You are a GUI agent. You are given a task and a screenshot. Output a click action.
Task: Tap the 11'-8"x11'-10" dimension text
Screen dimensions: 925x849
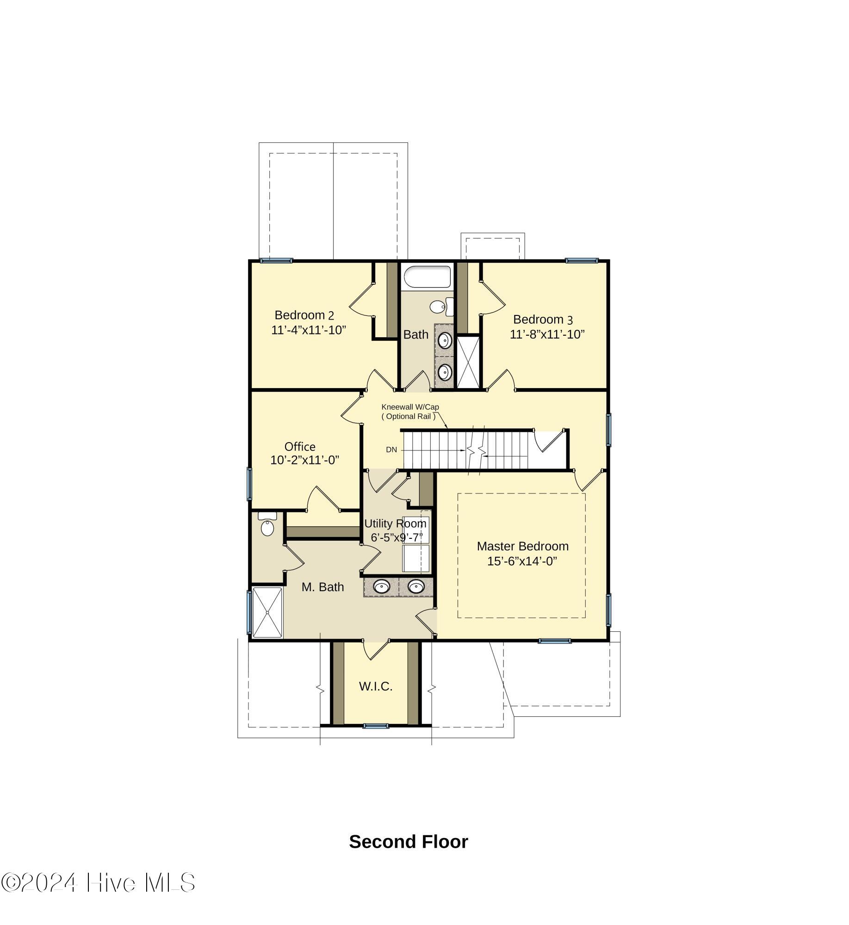[547, 334]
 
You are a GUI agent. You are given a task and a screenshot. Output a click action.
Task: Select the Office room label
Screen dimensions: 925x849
[300, 447]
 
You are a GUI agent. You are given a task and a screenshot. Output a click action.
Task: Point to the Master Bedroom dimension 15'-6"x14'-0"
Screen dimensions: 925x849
[522, 561]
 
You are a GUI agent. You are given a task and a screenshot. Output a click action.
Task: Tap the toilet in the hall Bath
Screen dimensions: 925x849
[441, 306]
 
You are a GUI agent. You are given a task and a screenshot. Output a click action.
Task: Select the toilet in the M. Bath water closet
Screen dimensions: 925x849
[267, 525]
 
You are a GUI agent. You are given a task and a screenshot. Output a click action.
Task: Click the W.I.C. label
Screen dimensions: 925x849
[376, 686]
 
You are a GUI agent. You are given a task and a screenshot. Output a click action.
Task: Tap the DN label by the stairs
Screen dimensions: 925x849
[391, 450]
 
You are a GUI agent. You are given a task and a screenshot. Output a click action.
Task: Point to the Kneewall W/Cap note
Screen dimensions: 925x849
[410, 407]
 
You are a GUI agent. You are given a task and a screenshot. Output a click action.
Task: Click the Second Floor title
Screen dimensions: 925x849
[408, 842]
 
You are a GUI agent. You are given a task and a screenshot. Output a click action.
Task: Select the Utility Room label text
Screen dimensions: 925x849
[395, 524]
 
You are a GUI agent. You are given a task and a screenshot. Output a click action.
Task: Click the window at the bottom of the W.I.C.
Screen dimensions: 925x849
[375, 726]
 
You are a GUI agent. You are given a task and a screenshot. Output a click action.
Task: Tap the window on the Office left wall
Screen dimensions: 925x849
[250, 483]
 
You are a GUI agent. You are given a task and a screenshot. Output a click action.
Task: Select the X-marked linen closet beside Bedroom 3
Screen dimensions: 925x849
[468, 362]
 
